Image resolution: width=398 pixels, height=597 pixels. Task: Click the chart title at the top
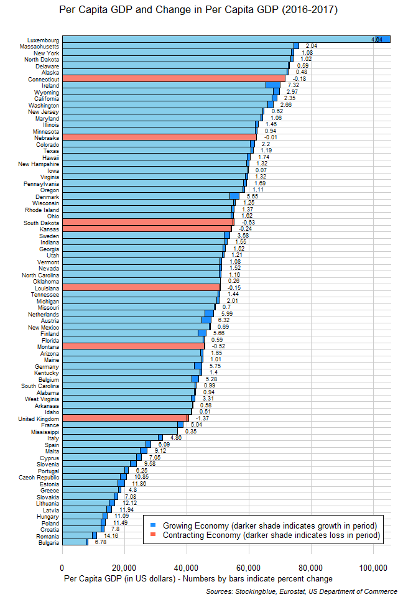point(198,11)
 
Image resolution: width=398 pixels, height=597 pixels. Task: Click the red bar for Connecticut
point(174,79)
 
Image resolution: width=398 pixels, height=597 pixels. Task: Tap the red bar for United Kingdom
point(124,418)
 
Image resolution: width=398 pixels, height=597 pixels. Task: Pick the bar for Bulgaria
point(75,542)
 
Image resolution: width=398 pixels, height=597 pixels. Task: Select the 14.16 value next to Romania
point(111,535)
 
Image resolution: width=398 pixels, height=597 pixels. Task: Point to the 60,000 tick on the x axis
point(248,567)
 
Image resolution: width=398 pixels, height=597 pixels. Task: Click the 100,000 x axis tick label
point(373,567)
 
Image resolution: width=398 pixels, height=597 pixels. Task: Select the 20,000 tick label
point(124,567)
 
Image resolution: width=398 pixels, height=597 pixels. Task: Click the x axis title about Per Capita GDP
point(198,579)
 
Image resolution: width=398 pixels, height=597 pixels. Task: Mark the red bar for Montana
point(133,346)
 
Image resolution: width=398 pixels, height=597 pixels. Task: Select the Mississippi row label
point(44,431)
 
